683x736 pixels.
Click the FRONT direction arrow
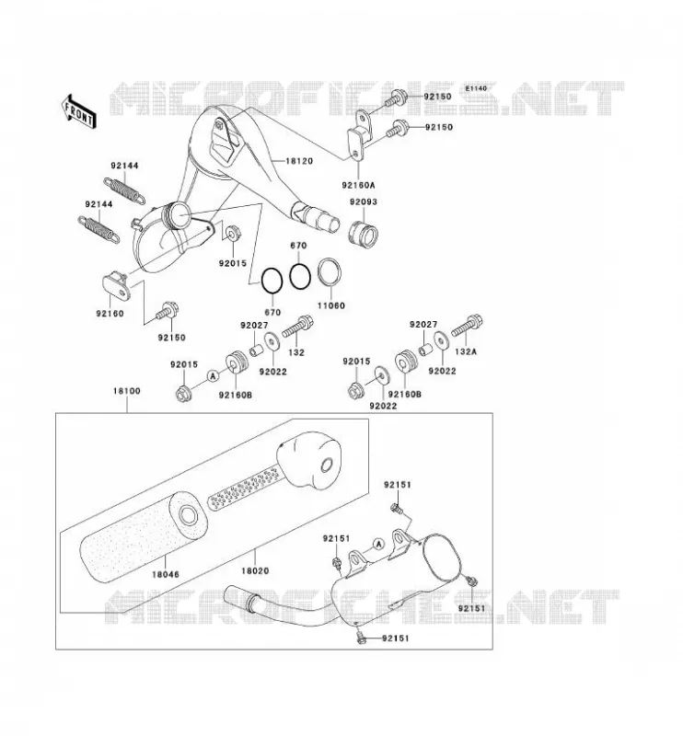(78, 111)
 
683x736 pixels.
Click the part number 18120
(299, 161)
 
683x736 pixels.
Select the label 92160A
(358, 186)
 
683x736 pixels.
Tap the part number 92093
(363, 201)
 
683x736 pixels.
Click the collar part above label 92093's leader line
(364, 234)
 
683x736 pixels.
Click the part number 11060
(331, 305)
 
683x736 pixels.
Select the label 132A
(466, 351)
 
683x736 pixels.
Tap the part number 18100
(126, 390)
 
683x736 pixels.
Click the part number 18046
(165, 574)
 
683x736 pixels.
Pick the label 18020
(255, 571)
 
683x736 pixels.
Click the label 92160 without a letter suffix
(110, 314)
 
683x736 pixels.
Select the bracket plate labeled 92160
(116, 285)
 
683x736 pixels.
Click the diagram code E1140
(476, 88)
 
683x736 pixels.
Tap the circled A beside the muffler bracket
(378, 544)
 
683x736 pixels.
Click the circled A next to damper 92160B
(213, 375)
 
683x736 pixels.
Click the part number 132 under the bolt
(296, 352)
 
